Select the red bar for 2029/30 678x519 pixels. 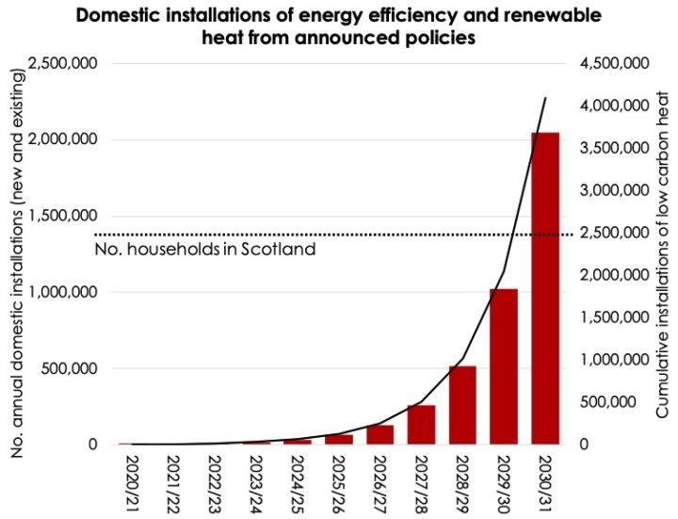[504, 366]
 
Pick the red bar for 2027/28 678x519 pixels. [421, 425]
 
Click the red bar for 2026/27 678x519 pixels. [379, 435]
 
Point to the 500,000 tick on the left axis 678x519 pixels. [72, 369]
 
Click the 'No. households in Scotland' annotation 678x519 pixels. [204, 251]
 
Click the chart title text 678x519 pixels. [340, 27]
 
